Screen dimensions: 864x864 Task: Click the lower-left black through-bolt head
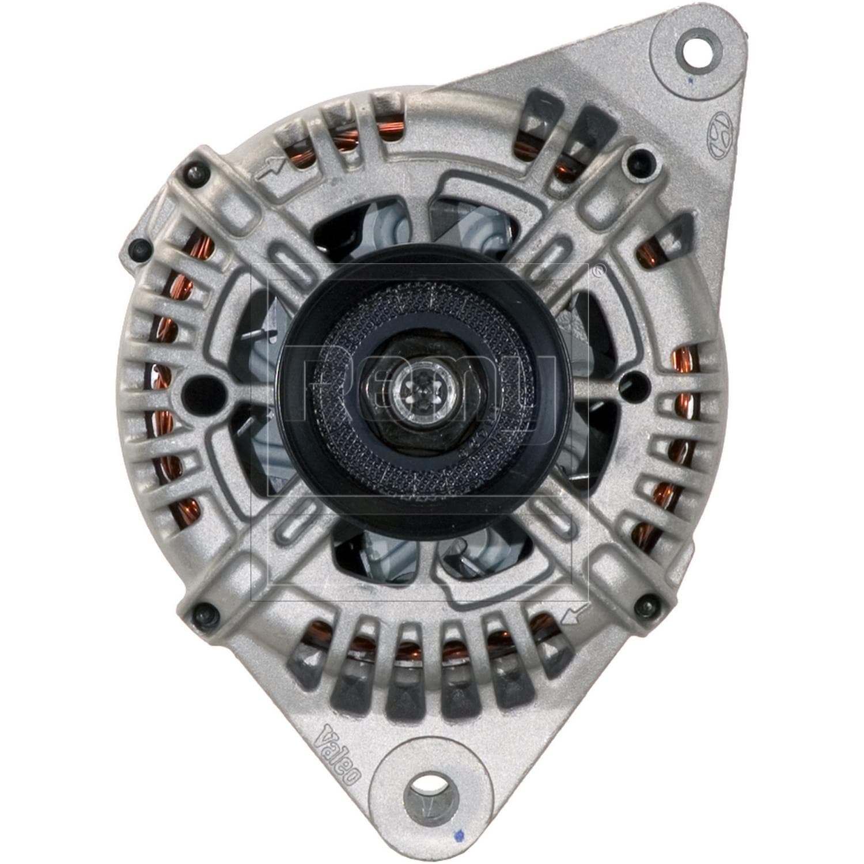click(x=203, y=610)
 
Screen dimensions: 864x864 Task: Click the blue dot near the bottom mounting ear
click(x=459, y=833)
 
